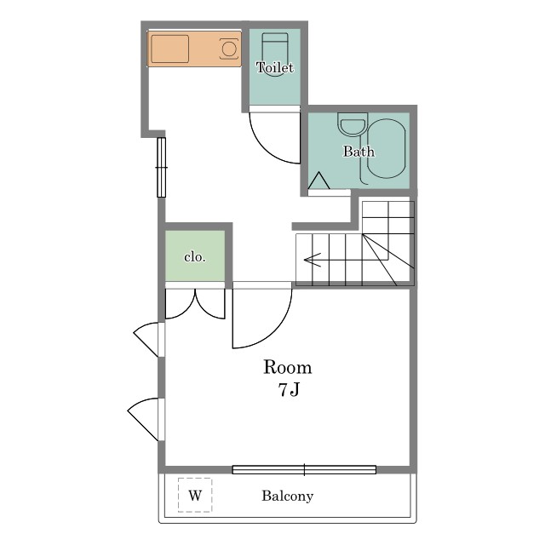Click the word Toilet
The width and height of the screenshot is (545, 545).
[x=275, y=67]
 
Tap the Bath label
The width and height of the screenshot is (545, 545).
[x=359, y=152]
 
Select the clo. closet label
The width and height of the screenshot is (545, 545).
[x=195, y=257]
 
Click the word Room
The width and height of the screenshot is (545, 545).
[x=288, y=367]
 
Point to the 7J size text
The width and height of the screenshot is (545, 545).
[x=289, y=390]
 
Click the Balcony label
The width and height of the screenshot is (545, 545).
[x=288, y=496]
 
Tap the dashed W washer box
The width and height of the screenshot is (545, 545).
[x=195, y=495]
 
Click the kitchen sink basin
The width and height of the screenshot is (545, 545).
[x=170, y=49]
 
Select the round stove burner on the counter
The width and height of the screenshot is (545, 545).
[x=229, y=49]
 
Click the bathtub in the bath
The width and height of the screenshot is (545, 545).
[x=386, y=148]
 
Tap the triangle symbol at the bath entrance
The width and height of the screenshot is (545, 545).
[x=318, y=181]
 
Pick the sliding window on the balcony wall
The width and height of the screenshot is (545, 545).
[x=304, y=470]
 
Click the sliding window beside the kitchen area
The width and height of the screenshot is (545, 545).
[x=162, y=167]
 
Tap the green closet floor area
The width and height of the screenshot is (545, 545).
[x=195, y=255]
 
